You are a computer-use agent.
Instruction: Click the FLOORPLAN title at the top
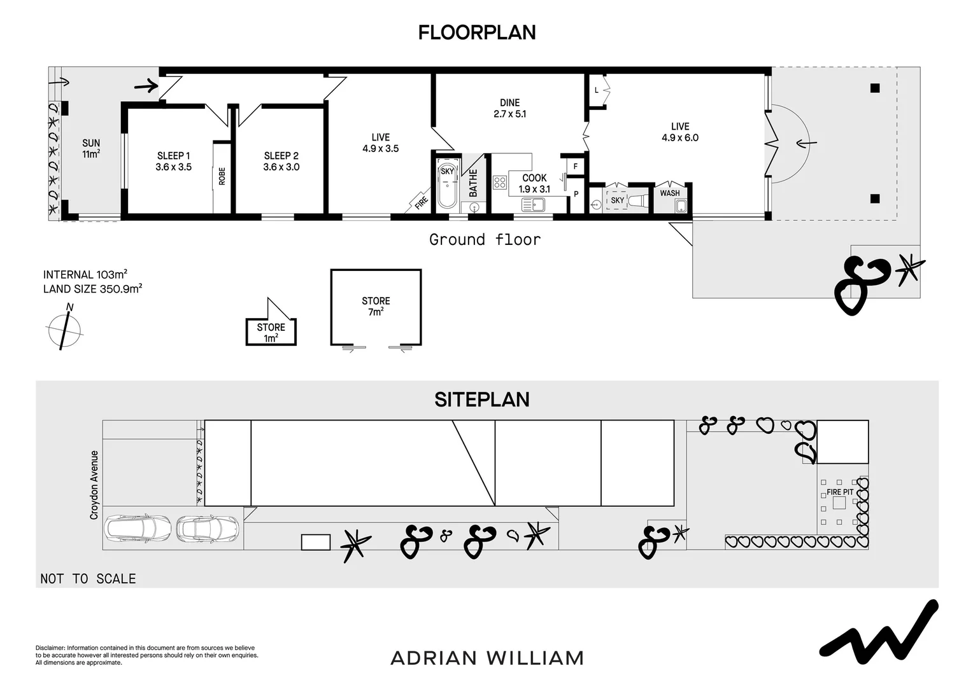[x=476, y=32]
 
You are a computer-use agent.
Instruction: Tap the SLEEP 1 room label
[x=174, y=161]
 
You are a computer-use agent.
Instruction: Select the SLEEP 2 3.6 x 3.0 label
[x=281, y=161]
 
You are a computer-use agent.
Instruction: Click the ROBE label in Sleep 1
[x=222, y=176]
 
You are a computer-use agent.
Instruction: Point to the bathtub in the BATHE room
[x=447, y=185]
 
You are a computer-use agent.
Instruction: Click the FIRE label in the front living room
[x=421, y=202]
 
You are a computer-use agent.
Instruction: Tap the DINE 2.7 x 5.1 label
[x=509, y=108]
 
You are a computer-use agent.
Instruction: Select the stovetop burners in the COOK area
[x=500, y=183]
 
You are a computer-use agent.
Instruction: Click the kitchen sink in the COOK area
[x=532, y=204]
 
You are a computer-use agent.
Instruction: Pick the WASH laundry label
[x=669, y=193]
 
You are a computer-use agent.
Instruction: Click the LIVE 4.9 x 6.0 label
[x=679, y=132]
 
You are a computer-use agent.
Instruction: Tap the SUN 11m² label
[x=91, y=148]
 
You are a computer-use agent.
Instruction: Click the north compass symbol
[x=64, y=328]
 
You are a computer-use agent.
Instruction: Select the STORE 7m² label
[x=376, y=306]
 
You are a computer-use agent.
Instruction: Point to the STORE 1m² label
[x=271, y=332]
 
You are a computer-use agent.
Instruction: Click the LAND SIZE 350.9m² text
[x=92, y=289]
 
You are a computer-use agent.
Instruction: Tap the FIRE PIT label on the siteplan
[x=840, y=492]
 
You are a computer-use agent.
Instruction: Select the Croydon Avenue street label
[x=94, y=485]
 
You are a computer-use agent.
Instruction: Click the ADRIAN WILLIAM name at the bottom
[x=487, y=658]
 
